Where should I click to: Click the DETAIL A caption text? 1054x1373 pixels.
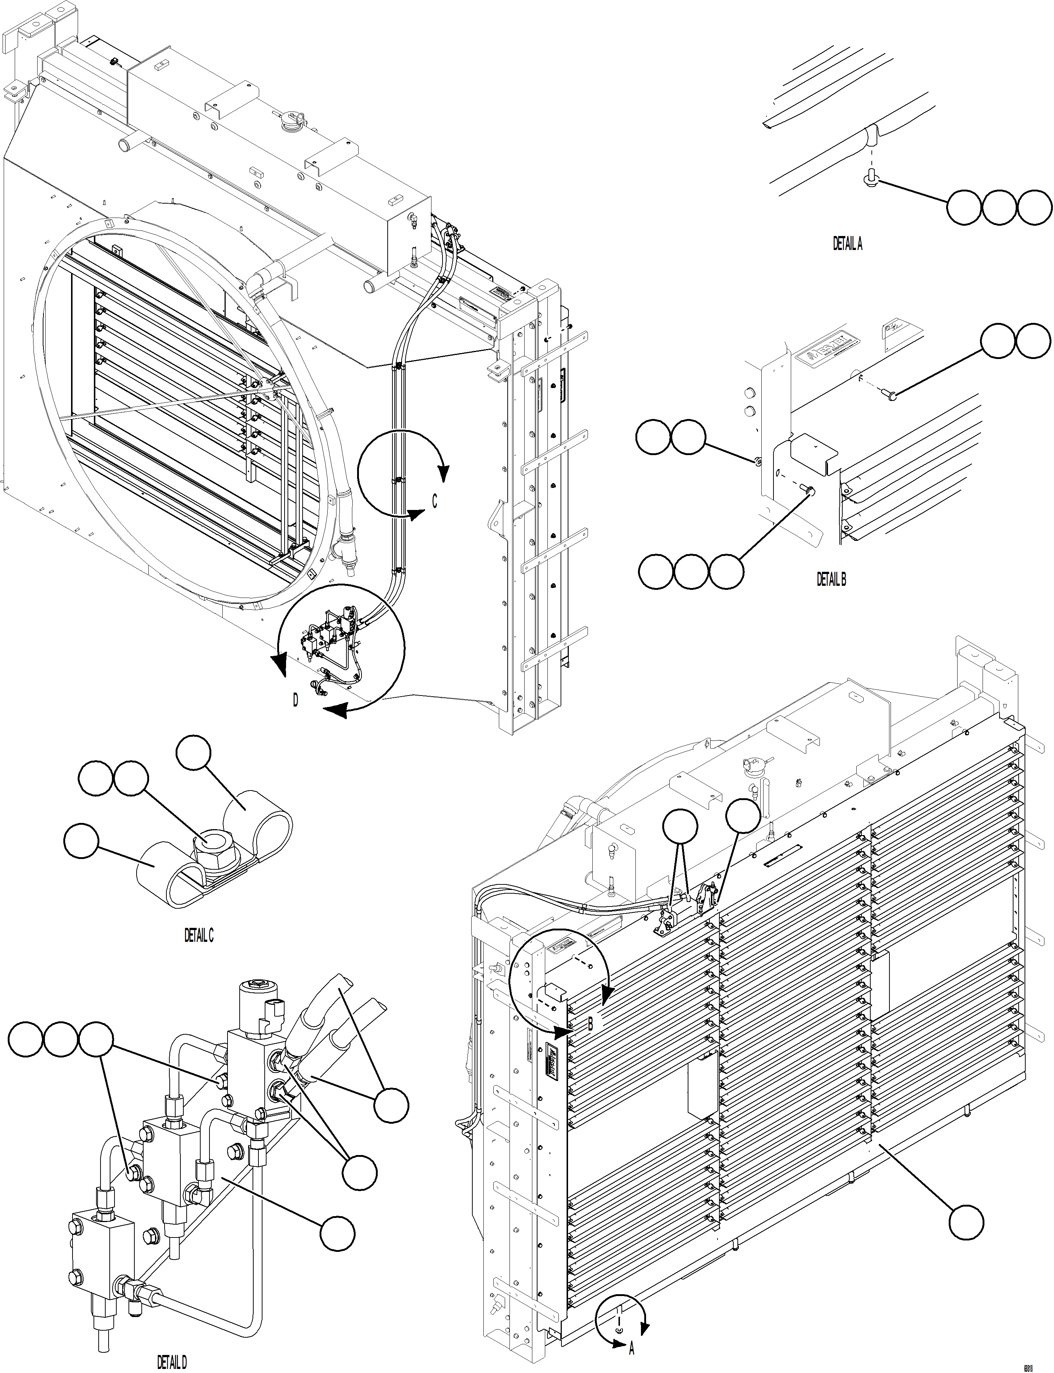click(x=847, y=244)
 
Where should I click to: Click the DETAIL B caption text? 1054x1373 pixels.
click(x=831, y=579)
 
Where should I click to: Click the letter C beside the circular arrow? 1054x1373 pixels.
click(x=434, y=501)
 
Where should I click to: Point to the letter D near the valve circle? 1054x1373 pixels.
click(x=296, y=700)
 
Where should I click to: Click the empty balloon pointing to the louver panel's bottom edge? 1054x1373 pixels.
click(x=966, y=1222)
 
